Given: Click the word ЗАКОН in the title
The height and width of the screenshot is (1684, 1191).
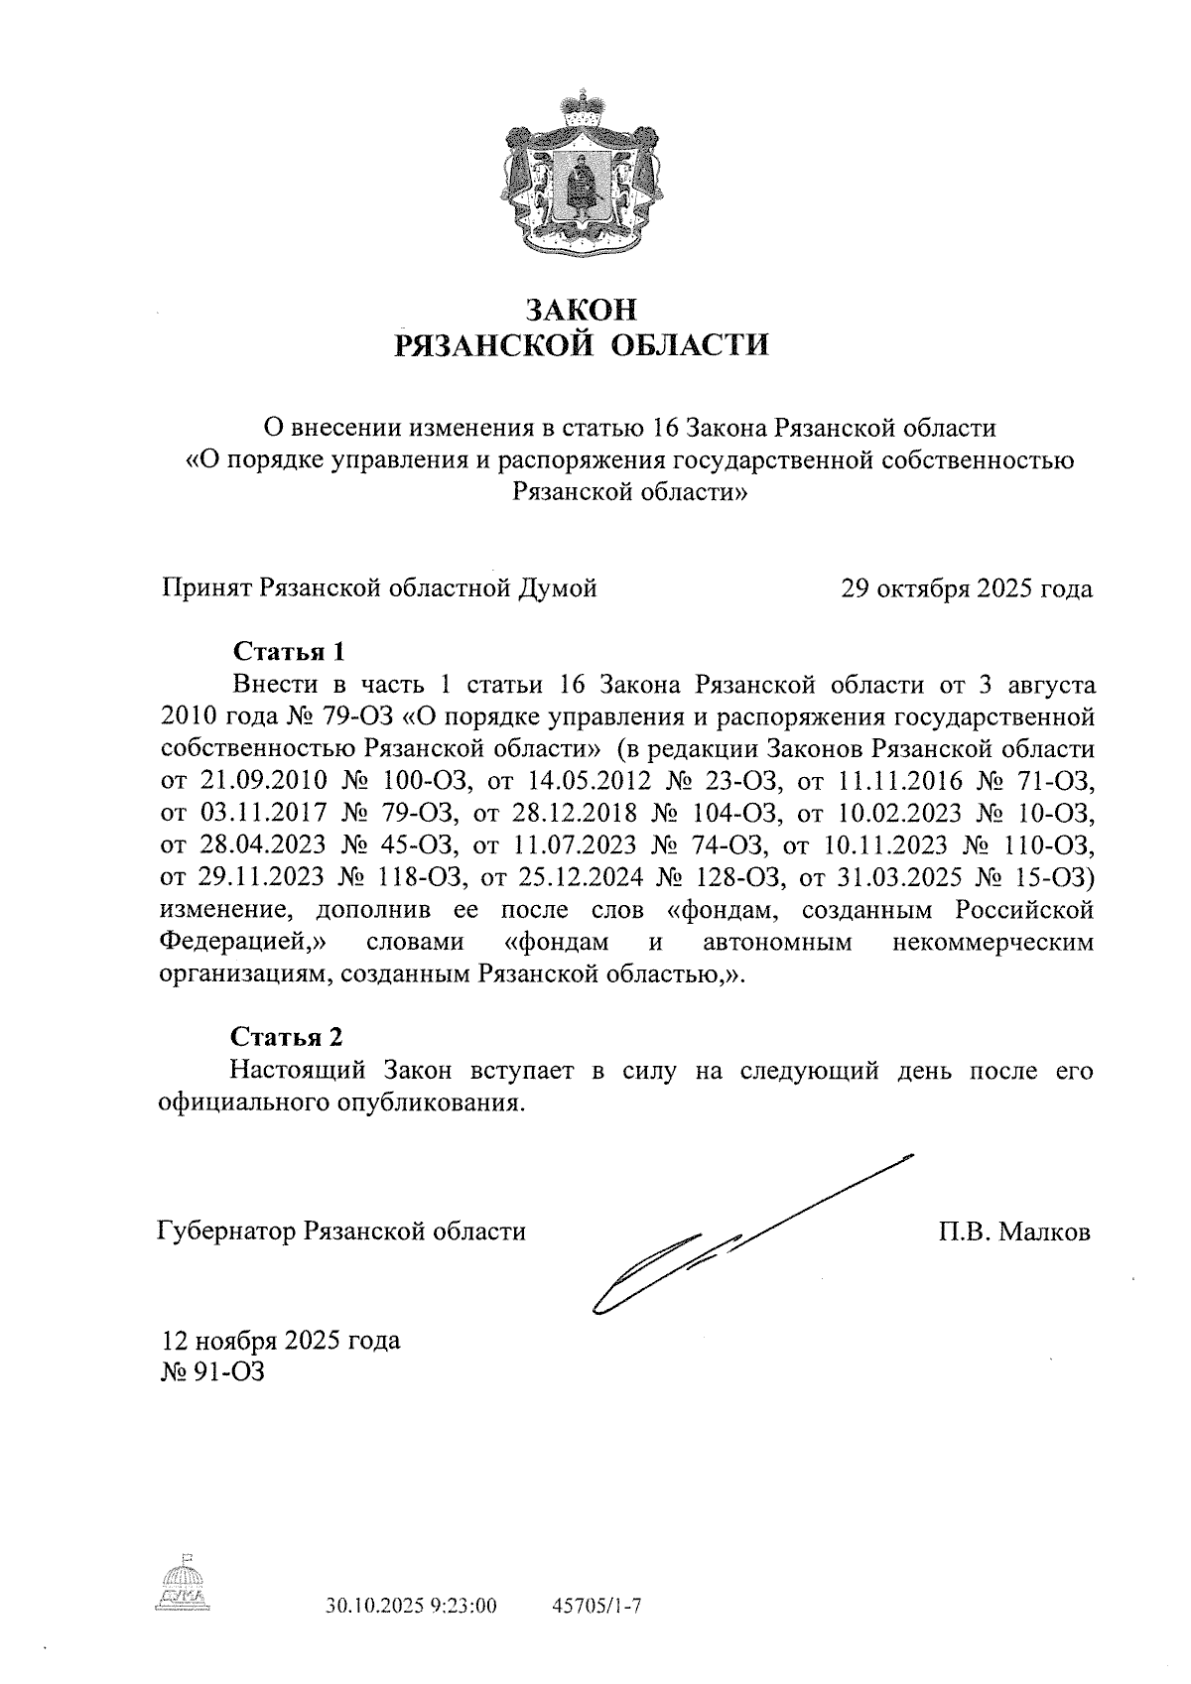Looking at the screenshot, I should (581, 310).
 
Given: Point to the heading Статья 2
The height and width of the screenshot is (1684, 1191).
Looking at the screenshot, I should (287, 1037).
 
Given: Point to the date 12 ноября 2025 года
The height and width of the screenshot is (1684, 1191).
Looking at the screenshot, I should (282, 1341).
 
